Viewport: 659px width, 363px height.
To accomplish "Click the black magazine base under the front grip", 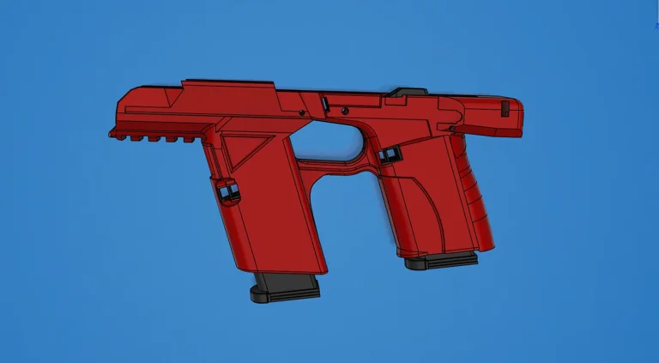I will (x=285, y=288).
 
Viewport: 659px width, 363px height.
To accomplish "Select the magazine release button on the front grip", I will (x=228, y=191).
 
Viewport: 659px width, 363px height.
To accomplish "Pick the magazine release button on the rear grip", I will (x=388, y=154).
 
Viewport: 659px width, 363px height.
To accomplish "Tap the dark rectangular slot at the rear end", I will (x=505, y=108).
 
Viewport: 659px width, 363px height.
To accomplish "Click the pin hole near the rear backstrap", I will (x=451, y=129).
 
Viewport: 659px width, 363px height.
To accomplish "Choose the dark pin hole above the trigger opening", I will (x=343, y=110).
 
